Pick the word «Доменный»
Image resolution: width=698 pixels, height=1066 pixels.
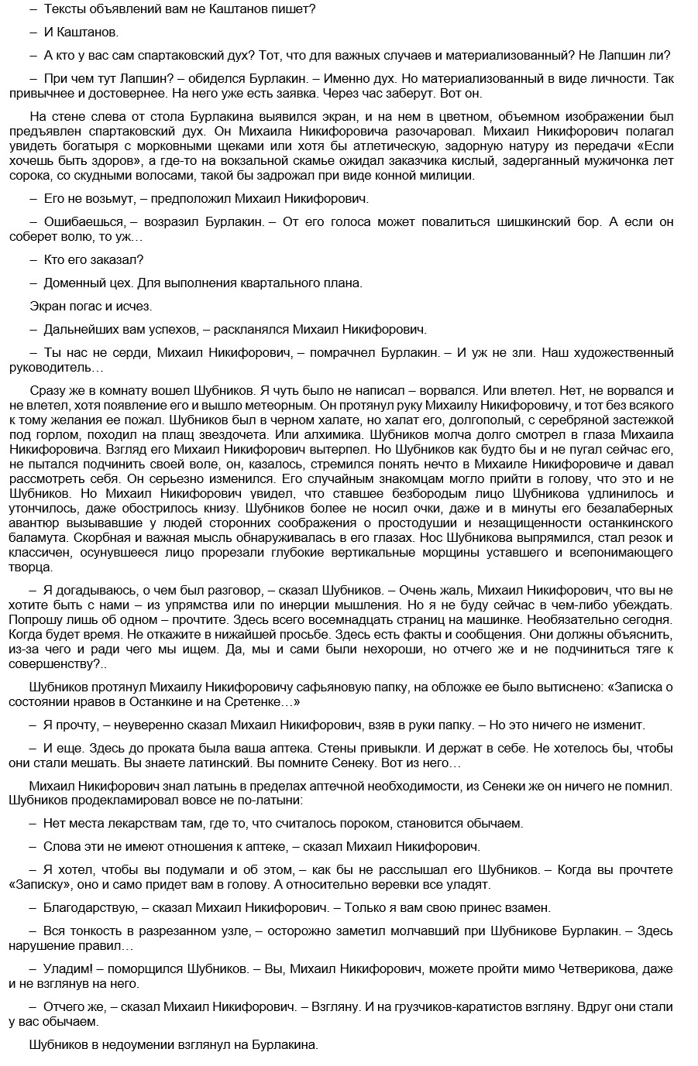(x=69, y=283)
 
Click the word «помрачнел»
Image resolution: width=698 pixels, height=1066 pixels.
(x=336, y=352)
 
